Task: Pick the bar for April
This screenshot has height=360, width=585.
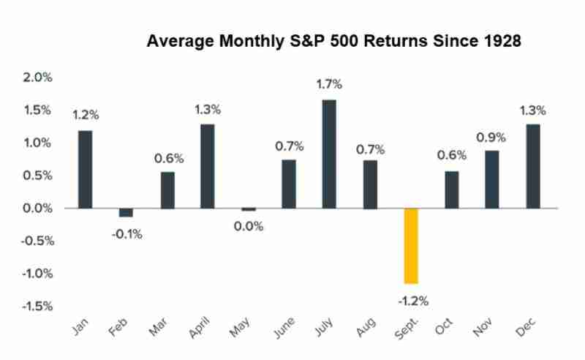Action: pos(207,166)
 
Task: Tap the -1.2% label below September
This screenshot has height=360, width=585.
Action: pos(412,300)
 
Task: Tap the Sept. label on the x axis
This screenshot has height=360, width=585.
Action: pos(406,331)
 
